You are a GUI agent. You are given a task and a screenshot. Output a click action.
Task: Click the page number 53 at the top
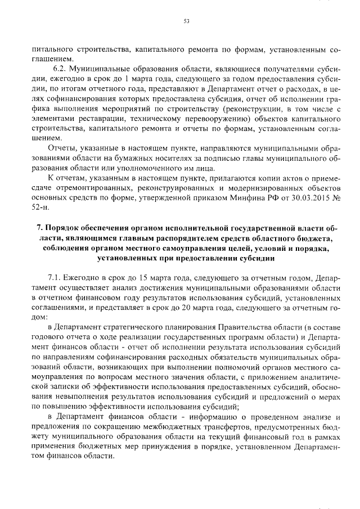[186, 21]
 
